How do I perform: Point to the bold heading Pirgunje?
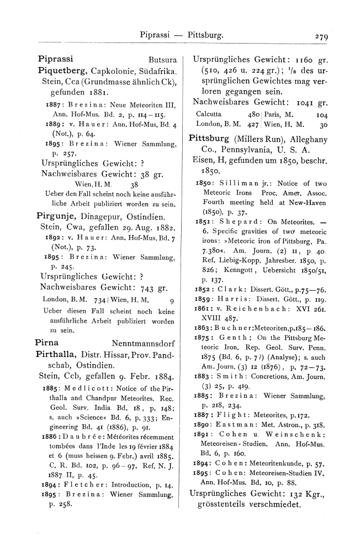pyautogui.click(x=56, y=215)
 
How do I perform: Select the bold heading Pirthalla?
pyautogui.click(x=59, y=353)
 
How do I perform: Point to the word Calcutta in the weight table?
pyautogui.click(x=209, y=114)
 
